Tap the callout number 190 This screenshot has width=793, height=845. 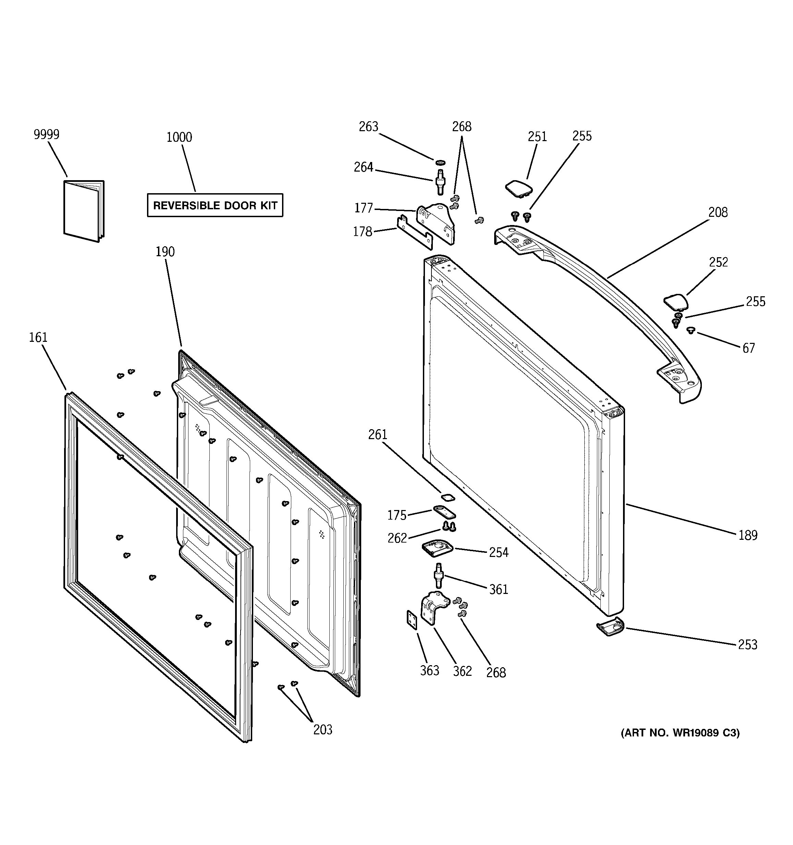pyautogui.click(x=165, y=252)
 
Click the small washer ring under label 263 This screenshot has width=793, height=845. pyautogui.click(x=440, y=162)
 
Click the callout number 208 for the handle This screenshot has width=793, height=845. pyautogui.click(x=718, y=212)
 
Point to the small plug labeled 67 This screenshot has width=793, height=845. pyautogui.click(x=691, y=330)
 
